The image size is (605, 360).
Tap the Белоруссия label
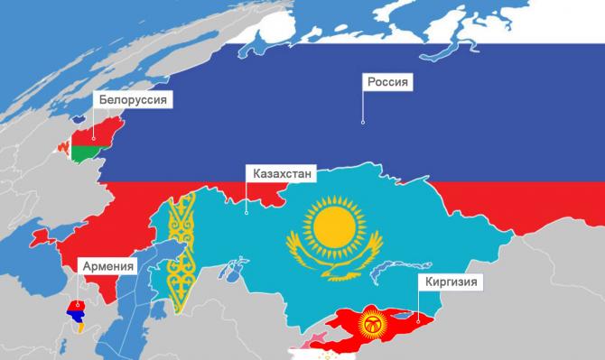point(132,99)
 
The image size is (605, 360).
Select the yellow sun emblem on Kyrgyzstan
point(371,322)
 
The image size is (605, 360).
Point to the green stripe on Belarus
point(85,154)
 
